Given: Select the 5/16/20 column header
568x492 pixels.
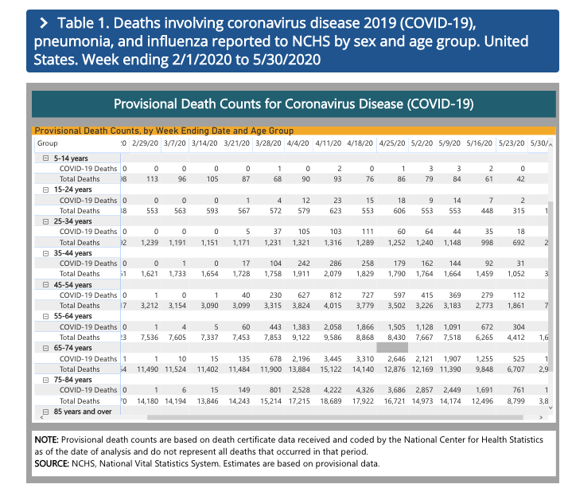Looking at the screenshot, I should pyautogui.click(x=477, y=143).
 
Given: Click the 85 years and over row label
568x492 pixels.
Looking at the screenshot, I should pyautogui.click(x=82, y=412).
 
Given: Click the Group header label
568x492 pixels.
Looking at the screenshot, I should pyautogui.click(x=48, y=143).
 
